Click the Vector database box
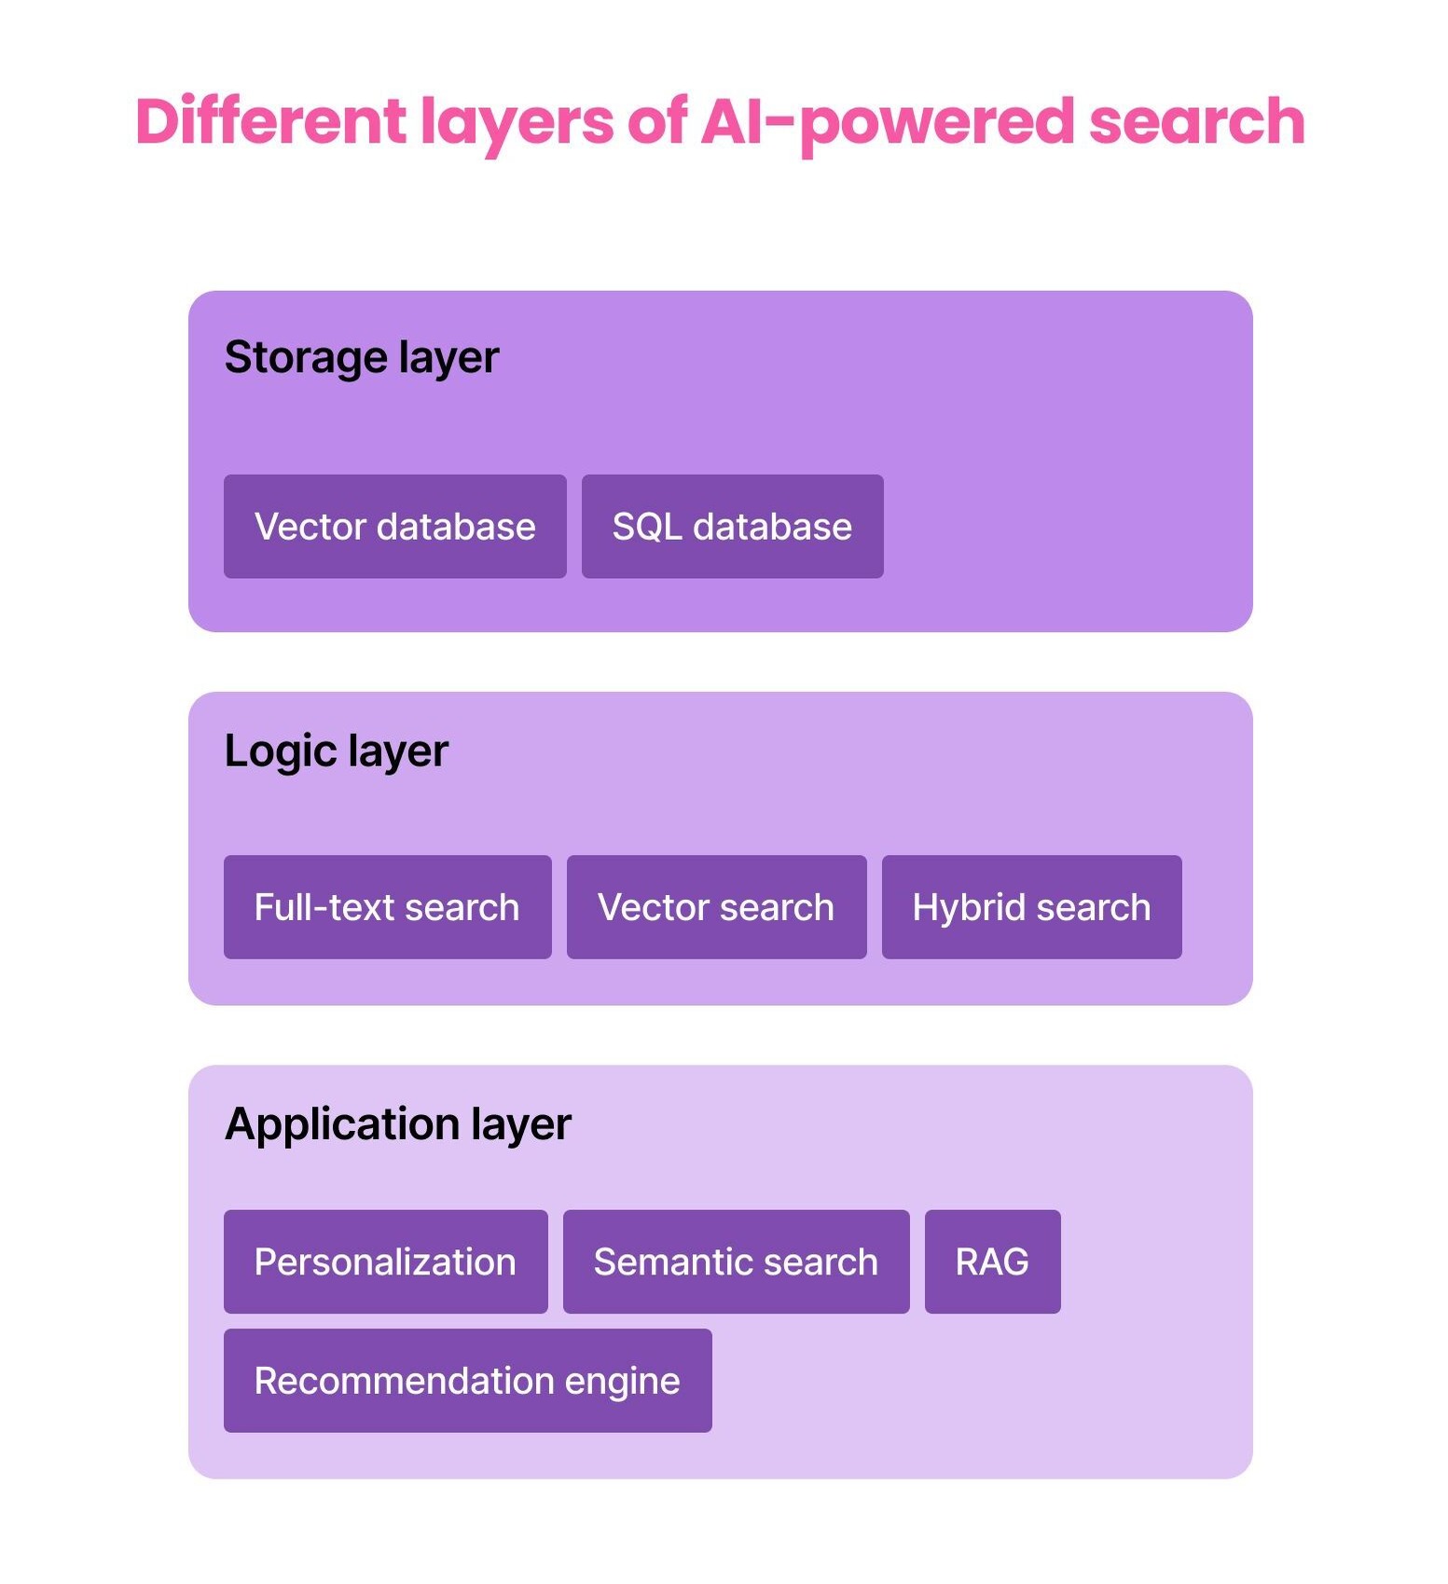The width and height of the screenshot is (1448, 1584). (394, 526)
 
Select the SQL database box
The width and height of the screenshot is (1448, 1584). (732, 526)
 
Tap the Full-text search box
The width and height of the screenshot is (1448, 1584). (387, 906)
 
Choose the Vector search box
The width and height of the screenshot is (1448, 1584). (716, 906)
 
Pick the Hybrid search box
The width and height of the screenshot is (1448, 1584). (1031, 906)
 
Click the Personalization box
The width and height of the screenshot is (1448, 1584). (385, 1261)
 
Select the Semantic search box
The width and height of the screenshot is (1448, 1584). (736, 1261)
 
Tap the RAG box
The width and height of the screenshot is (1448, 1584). (992, 1261)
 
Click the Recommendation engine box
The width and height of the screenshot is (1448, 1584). (467, 1380)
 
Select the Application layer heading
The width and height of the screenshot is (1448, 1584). (398, 1125)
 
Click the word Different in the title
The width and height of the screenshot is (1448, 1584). (271, 121)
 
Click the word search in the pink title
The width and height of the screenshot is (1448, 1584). (1197, 121)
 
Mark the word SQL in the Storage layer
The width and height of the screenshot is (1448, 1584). (647, 528)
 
